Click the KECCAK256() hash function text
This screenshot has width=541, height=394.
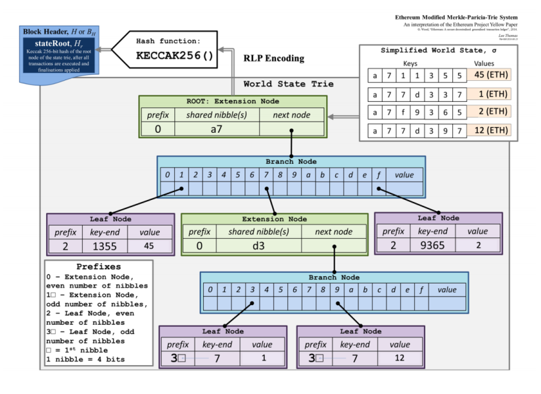[x=174, y=56]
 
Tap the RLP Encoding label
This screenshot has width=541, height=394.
[x=273, y=58]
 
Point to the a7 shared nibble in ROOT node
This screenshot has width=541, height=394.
[x=217, y=128]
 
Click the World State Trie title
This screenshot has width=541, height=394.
[x=288, y=84]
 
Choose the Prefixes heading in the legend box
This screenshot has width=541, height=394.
[x=99, y=268]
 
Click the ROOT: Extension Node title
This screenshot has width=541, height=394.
[x=233, y=102]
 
